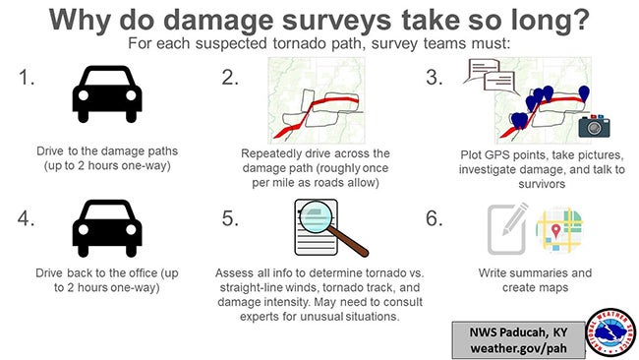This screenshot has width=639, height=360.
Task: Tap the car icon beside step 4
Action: (x=107, y=228)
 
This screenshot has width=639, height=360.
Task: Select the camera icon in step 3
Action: (x=594, y=125)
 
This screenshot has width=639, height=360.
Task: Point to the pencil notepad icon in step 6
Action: (x=508, y=228)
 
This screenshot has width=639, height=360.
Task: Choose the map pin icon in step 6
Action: (x=559, y=229)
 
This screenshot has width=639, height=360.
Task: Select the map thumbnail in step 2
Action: (x=317, y=101)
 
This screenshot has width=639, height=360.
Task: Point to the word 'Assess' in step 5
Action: (x=233, y=272)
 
